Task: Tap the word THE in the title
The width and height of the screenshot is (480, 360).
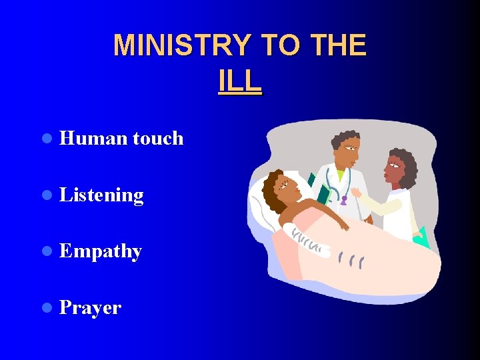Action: point(338,46)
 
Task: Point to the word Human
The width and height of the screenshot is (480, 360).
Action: point(93,138)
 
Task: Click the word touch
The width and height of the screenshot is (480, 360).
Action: point(158,138)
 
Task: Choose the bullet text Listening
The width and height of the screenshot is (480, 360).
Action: point(101,195)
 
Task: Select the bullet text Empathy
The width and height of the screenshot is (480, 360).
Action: point(101,251)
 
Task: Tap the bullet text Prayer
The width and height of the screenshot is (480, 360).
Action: point(90,308)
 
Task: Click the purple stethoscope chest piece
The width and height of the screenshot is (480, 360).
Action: point(344,199)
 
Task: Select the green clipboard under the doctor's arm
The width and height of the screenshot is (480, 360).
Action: point(323,194)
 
